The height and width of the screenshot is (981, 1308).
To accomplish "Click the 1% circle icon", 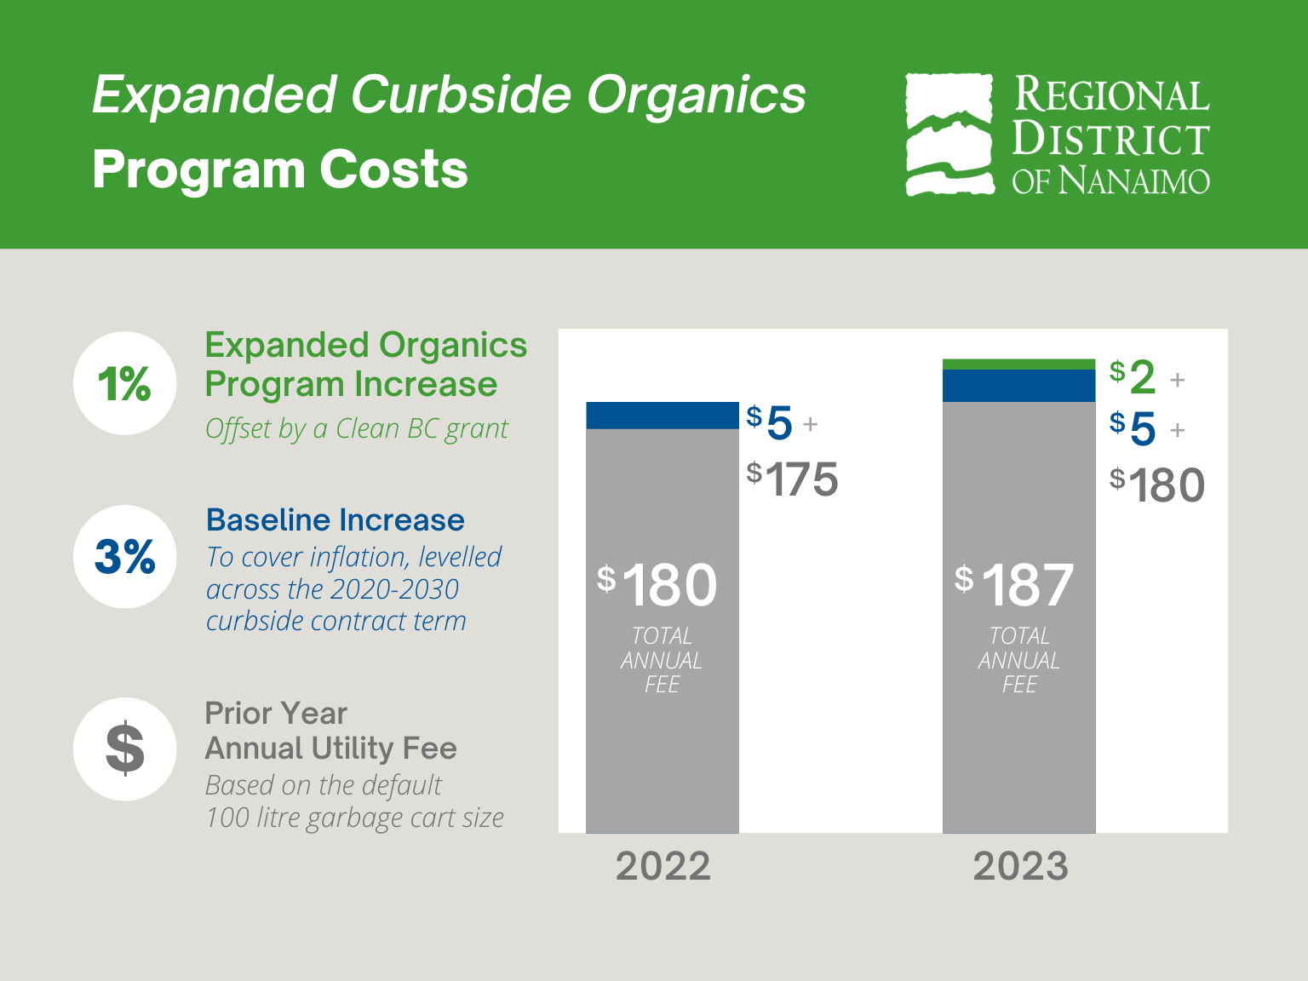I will (x=124, y=383).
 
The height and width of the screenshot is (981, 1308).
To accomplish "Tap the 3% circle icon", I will (x=124, y=556).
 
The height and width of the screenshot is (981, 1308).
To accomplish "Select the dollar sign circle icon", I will (x=124, y=749).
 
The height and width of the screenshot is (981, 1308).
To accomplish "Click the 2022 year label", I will (x=663, y=866).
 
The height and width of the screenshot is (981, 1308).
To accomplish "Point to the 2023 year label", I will (x=1019, y=866).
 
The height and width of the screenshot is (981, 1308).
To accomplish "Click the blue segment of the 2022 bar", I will (x=662, y=416).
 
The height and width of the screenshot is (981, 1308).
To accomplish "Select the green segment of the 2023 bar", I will (x=1018, y=364).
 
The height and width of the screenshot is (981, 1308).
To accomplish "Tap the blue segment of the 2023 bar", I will (x=1018, y=386).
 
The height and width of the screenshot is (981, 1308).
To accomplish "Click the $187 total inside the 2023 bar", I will (x=1015, y=586).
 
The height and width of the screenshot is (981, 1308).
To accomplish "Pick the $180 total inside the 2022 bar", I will (x=657, y=586).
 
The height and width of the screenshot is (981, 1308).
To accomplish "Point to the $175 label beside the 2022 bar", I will (x=793, y=479).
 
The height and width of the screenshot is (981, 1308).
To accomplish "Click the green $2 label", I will (x=1133, y=376).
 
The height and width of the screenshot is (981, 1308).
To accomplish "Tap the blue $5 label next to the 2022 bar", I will (x=771, y=423).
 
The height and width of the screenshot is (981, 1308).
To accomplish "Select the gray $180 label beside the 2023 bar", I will (x=1156, y=485).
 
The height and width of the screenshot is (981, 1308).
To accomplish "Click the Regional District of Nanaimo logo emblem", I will (x=949, y=135).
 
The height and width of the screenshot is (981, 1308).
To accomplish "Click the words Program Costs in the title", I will (x=280, y=169).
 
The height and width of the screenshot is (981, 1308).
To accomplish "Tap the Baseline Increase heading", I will (x=336, y=519).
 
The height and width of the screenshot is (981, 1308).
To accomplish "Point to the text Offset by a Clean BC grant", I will (x=356, y=428).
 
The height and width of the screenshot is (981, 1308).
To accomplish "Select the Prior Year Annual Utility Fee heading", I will (x=330, y=731).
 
